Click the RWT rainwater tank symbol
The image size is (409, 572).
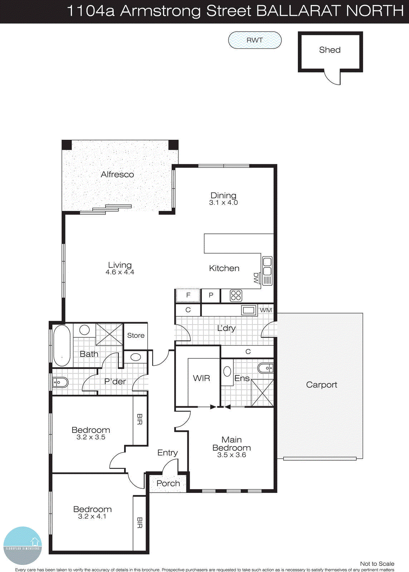(x=255, y=40)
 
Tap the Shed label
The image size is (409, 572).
(x=330, y=50)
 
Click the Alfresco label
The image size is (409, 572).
(x=117, y=174)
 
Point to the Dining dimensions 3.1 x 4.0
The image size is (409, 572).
(x=223, y=203)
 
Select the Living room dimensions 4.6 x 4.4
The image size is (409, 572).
(x=120, y=272)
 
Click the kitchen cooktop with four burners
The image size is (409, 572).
(x=236, y=296)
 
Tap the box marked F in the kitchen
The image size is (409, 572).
(x=188, y=295)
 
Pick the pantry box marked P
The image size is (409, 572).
(x=211, y=295)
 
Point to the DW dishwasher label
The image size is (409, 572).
(x=256, y=278)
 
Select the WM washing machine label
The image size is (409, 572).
(x=266, y=310)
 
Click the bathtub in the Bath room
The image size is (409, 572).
(x=62, y=345)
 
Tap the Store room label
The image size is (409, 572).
(x=136, y=335)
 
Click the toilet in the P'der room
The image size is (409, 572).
(x=60, y=383)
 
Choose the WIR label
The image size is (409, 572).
(x=201, y=378)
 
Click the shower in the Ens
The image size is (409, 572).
(x=262, y=393)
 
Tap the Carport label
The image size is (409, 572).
(x=321, y=385)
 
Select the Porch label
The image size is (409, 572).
(x=168, y=483)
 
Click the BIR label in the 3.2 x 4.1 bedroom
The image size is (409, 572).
(x=139, y=523)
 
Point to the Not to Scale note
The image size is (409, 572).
(x=377, y=564)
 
